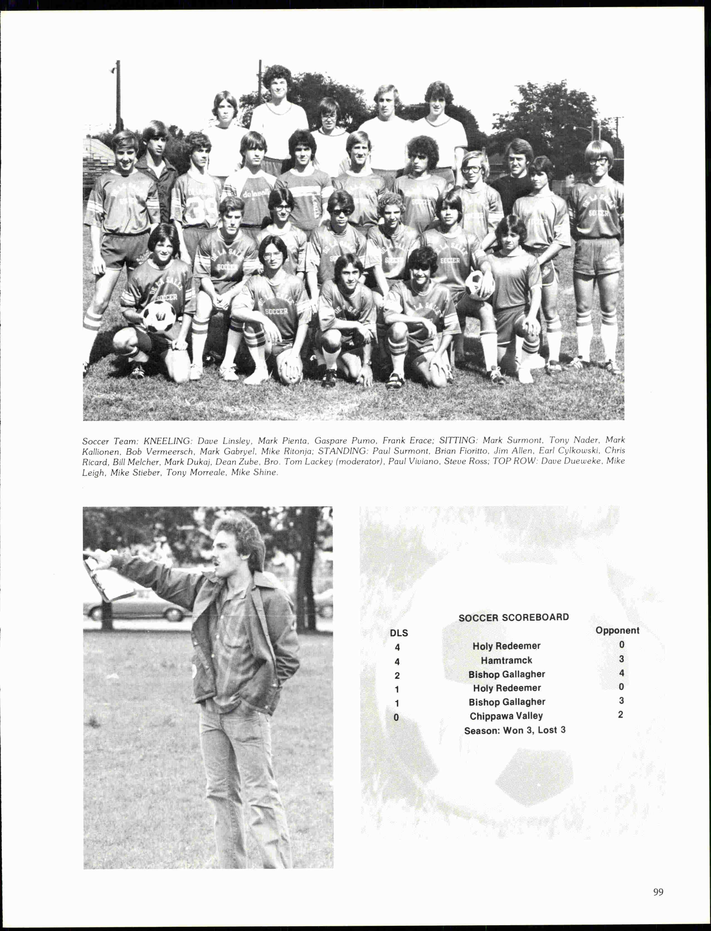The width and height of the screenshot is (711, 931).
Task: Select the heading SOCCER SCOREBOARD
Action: pos(513,617)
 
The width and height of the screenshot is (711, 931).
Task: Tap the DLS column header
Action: pos(399,633)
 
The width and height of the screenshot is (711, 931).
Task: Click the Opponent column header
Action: pos(617,630)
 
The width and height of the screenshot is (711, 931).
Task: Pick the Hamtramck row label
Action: pos(506,660)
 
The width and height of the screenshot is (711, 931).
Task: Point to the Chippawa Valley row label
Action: pos(506,716)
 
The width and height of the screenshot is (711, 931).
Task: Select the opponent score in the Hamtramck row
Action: pos(621,659)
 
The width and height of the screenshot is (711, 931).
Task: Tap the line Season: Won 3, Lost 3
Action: pos(515,730)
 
